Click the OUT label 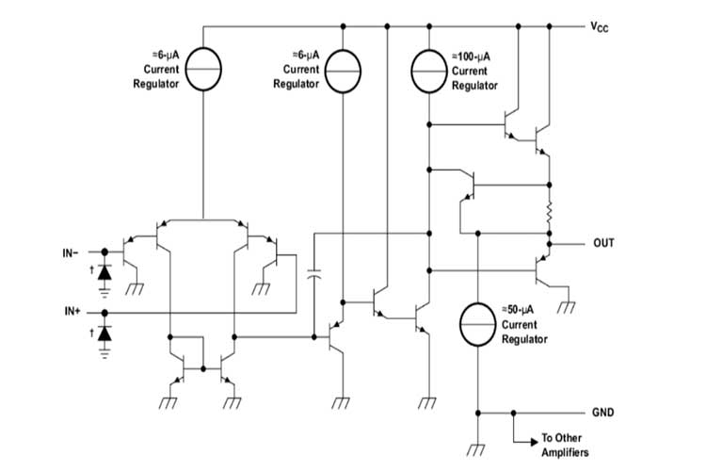tap(603, 243)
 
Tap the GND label tap(602, 413)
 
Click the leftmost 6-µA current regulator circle tap(203, 72)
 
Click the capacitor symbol tap(314, 275)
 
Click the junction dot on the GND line tap(513, 413)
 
